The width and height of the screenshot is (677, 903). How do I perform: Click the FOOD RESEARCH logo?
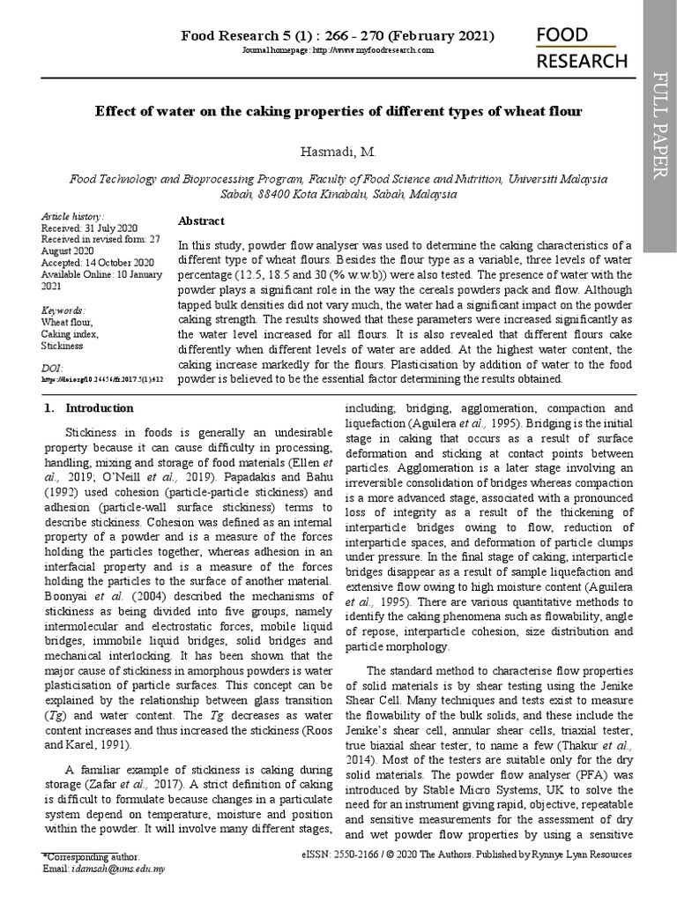pos(583,48)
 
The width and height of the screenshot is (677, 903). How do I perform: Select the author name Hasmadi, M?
pos(338,153)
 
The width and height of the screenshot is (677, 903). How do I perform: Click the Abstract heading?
pos(201,220)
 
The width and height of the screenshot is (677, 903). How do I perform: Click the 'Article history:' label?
pos(72,217)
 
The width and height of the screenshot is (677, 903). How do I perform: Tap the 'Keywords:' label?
pos(63,310)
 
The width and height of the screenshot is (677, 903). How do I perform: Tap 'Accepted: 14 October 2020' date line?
pos(98,263)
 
